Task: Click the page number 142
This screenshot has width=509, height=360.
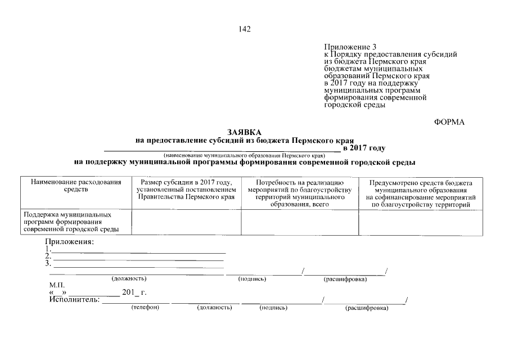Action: click(x=245, y=29)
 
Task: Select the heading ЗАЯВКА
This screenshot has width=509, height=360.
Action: click(x=245, y=132)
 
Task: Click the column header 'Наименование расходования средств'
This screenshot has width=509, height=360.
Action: click(x=76, y=186)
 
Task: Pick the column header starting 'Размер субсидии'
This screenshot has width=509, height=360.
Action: click(x=186, y=190)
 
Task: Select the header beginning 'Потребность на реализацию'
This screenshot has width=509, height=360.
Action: click(x=299, y=194)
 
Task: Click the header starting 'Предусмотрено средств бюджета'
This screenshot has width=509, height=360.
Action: click(x=421, y=194)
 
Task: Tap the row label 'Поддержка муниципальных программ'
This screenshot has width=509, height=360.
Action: click(x=70, y=222)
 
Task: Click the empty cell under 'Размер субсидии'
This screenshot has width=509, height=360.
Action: click(x=186, y=222)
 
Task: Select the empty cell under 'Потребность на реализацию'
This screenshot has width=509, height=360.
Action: click(x=299, y=222)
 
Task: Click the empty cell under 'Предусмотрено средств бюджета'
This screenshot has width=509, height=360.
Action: click(x=421, y=222)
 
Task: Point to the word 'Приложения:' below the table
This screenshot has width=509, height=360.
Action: click(x=70, y=241)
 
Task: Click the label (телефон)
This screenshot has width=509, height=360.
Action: click(x=145, y=308)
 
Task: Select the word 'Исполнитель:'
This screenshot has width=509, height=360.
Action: click(x=74, y=300)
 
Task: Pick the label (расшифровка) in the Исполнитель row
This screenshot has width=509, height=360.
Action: click(x=367, y=308)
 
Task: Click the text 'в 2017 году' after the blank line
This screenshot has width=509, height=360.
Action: click(x=364, y=147)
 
